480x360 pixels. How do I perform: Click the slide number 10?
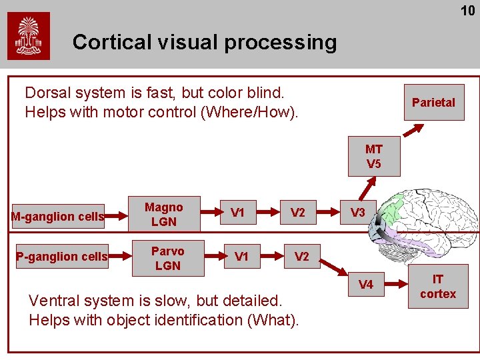click(467, 11)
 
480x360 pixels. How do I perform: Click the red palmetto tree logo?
click(29, 36)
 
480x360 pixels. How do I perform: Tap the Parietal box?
click(433, 103)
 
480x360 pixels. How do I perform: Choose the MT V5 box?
click(373, 157)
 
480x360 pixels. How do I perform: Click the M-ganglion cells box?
click(58, 216)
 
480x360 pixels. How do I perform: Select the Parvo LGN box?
click(167, 258)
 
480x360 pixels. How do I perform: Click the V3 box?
click(358, 213)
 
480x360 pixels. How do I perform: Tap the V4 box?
click(366, 285)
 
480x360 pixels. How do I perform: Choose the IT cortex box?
click(438, 287)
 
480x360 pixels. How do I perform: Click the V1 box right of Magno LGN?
click(237, 213)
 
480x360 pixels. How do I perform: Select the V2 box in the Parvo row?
click(302, 257)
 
